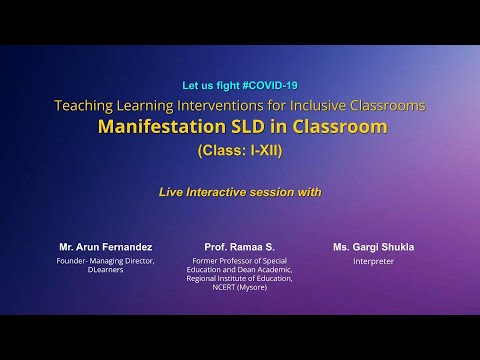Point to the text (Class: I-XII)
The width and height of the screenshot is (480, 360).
240,151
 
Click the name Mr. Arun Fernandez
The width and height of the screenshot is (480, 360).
98,246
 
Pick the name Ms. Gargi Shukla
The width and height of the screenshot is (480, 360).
375,246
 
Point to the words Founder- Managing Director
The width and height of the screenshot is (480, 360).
100,261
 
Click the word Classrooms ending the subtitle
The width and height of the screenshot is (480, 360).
397,105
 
